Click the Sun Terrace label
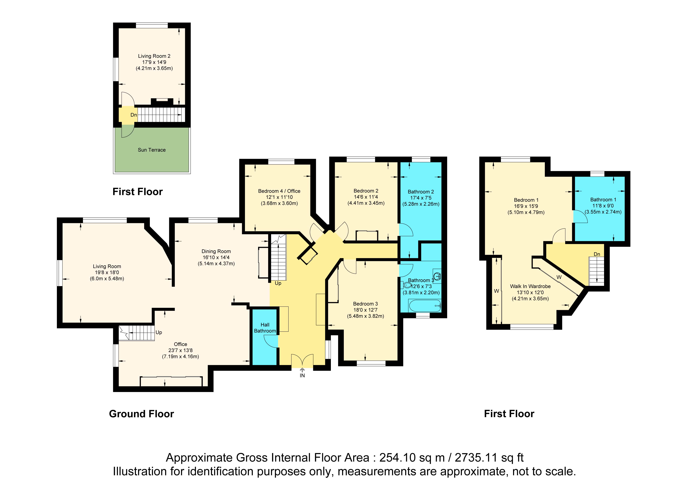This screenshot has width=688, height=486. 152,150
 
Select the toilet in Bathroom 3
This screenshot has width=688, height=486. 406,285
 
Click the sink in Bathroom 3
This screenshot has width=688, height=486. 437,276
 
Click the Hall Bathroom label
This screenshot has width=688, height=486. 265,328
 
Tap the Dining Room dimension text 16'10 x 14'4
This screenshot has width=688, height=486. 216,257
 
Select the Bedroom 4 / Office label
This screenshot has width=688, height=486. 279,191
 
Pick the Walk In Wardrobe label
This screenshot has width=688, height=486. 530,286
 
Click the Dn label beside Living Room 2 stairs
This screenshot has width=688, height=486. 134,115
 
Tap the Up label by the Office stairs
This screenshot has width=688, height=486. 159,332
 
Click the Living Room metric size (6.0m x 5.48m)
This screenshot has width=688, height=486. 107,279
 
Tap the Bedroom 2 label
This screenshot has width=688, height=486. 366,191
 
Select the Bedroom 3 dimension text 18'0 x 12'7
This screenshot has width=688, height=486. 365,310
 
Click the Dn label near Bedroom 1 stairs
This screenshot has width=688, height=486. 597,254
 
